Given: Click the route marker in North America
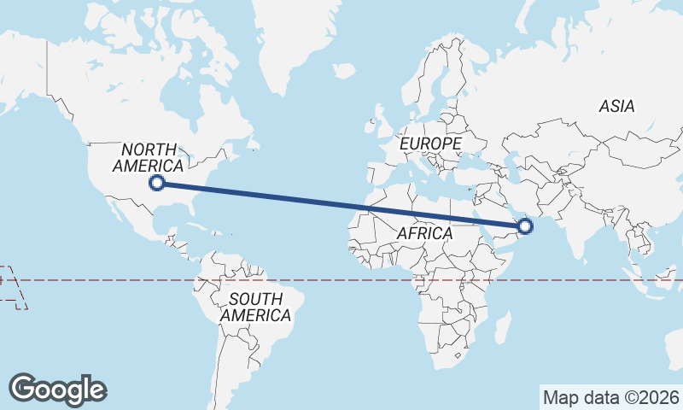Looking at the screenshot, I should coord(156,182).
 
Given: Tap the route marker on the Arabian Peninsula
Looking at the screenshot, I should coord(525,226).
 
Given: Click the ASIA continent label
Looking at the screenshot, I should coord(616,107).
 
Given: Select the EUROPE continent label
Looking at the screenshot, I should coord(430,143).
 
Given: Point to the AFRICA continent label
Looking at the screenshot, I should coord(424,232).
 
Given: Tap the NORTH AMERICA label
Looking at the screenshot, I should coord(148,157).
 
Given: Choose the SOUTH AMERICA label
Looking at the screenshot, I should coord(255,307).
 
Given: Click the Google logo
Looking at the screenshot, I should coord(58,389).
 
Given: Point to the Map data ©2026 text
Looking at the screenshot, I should coord(610,397).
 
